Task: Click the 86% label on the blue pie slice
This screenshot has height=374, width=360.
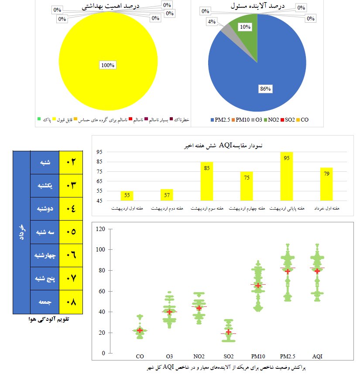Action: (x=265, y=89)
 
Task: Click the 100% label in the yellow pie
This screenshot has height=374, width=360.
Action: (x=108, y=65)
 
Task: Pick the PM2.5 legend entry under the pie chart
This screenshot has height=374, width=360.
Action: (x=220, y=120)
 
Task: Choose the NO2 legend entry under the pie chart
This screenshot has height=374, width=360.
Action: (x=271, y=120)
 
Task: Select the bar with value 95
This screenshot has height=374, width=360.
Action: (x=286, y=176)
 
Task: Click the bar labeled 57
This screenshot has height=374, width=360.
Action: (x=167, y=195)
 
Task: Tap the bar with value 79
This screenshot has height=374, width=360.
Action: (x=326, y=184)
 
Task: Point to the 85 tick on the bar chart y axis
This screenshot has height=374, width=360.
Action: (x=99, y=162)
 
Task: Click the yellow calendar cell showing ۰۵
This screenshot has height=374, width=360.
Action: (x=71, y=232)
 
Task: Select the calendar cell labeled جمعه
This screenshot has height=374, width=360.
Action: (x=45, y=302)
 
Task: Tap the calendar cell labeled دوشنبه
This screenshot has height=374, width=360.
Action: (x=45, y=209)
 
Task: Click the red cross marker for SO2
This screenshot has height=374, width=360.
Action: (x=229, y=332)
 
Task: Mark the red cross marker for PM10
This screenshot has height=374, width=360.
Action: (x=258, y=286)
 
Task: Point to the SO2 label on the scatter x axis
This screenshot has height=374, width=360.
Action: (x=229, y=357)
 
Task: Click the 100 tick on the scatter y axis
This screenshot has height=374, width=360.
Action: (x=100, y=249)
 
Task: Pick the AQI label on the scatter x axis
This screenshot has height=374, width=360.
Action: (x=317, y=357)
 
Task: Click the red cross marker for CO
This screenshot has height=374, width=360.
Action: (x=140, y=330)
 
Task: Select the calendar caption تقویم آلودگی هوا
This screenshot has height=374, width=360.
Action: (x=49, y=319)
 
